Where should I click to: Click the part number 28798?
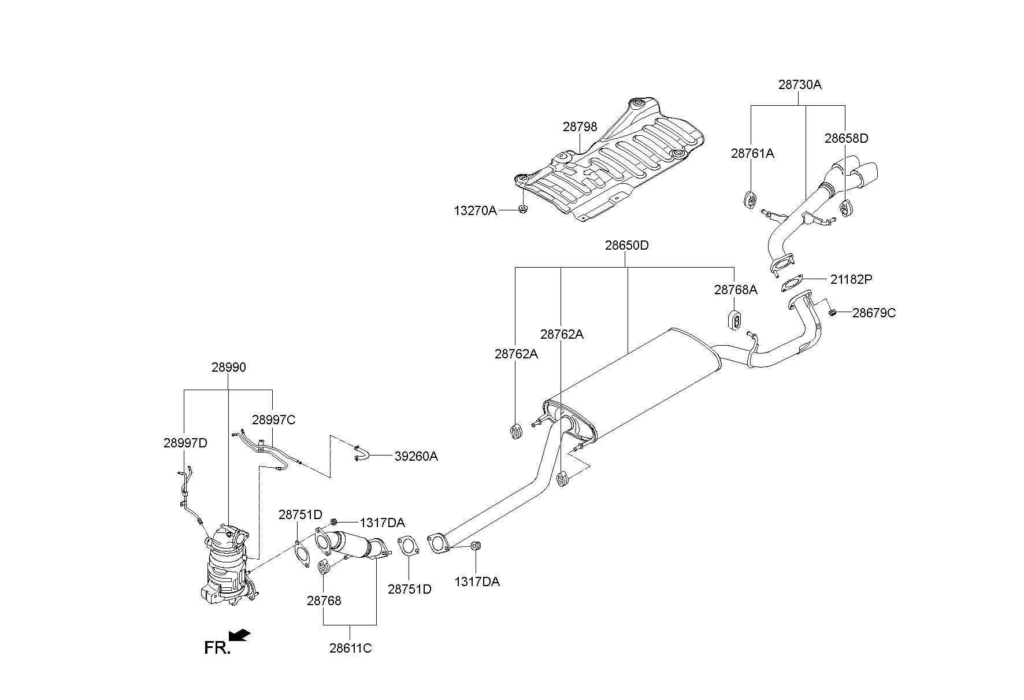(x=580, y=127)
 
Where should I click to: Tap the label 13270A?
(x=475, y=210)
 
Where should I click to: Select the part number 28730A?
(x=799, y=84)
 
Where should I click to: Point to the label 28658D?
(x=846, y=138)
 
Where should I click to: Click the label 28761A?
(x=752, y=153)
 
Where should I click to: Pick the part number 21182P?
(x=851, y=279)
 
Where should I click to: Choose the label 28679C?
(x=874, y=313)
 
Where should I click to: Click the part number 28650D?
(x=626, y=245)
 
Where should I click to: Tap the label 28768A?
(x=735, y=290)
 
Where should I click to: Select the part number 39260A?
(x=416, y=456)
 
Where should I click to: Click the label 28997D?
(x=185, y=443)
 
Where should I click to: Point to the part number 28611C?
(x=350, y=648)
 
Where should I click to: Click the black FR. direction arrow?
(x=240, y=635)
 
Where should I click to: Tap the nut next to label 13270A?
(x=522, y=209)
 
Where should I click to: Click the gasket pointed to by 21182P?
(x=789, y=284)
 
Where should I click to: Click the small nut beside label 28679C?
(x=832, y=313)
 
